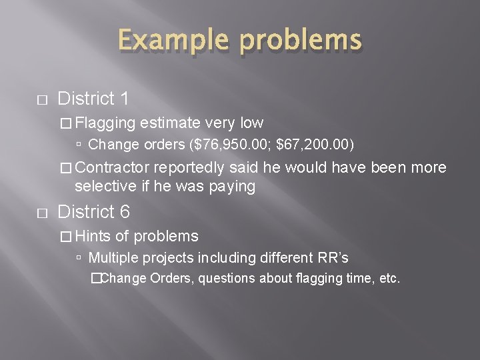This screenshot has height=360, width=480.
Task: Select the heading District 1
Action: click(x=93, y=99)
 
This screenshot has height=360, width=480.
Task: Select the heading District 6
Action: click(x=94, y=212)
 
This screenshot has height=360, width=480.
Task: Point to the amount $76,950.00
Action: click(x=228, y=143)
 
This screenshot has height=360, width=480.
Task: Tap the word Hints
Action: click(x=94, y=235)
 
